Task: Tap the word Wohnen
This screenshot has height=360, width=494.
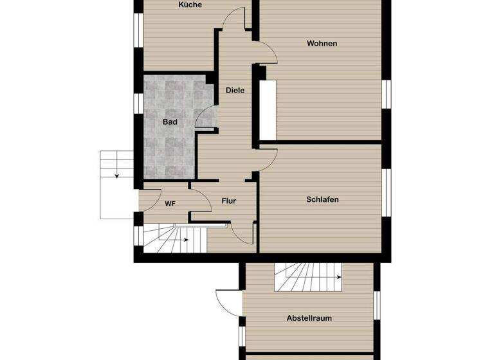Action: click(x=322, y=44)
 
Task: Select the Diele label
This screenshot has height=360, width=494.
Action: click(x=235, y=91)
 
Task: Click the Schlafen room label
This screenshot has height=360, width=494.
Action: click(x=322, y=200)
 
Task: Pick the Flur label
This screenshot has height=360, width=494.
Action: click(x=229, y=201)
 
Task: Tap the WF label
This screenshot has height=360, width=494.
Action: click(x=170, y=204)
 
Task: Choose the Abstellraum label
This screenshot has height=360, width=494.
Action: click(x=309, y=318)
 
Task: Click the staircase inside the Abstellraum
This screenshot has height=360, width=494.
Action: click(x=308, y=277)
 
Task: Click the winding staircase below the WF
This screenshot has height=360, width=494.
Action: click(x=174, y=239)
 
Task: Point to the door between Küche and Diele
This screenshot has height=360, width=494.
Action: click(x=233, y=19)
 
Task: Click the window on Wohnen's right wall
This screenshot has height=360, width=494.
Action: click(x=387, y=94)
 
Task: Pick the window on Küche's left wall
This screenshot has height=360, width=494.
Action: click(x=137, y=30)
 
